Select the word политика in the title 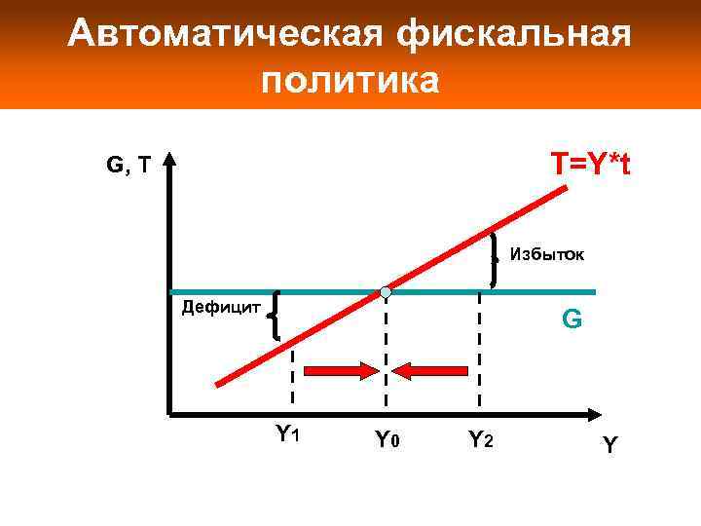click(x=350, y=80)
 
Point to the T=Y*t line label click(x=589, y=164)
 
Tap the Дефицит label click(x=221, y=309)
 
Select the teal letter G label click(x=572, y=319)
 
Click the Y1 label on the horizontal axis click(x=286, y=433)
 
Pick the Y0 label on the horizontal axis click(x=387, y=440)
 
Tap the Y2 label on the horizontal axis click(x=481, y=440)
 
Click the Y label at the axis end click(x=609, y=445)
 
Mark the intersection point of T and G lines click(x=386, y=292)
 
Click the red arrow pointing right click(x=340, y=370)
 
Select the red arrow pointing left click(x=432, y=370)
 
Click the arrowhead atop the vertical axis click(x=169, y=158)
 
